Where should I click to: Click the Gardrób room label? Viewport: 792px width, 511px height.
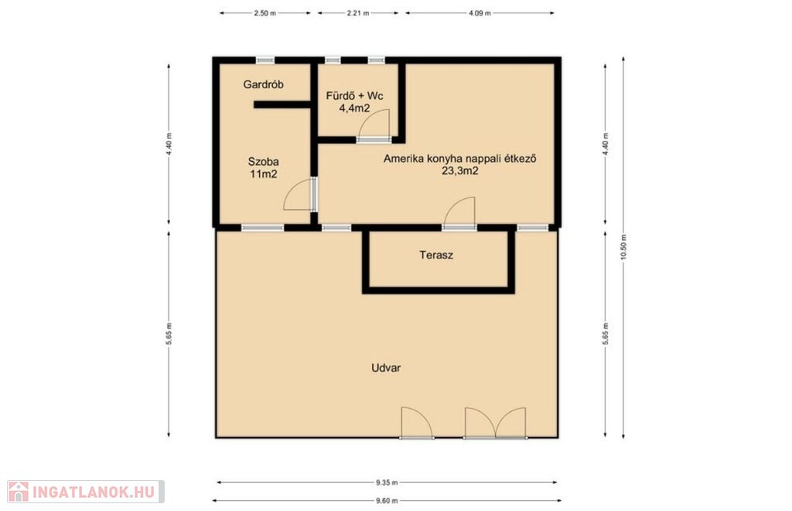[263, 84]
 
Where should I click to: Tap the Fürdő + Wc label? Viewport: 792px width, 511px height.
[354, 95]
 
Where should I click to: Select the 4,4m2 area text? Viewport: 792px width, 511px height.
[354, 108]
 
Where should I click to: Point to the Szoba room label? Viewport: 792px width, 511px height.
[263, 162]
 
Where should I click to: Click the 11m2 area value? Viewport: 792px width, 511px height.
[263, 174]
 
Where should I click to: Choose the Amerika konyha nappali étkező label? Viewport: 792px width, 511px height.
[459, 159]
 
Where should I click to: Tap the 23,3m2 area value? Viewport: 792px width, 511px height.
[459, 171]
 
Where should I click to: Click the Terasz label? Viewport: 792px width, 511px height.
[436, 255]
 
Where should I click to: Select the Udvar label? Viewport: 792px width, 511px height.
[386, 368]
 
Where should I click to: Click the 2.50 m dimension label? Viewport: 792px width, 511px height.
[265, 14]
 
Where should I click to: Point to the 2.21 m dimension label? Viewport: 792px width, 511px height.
[357, 14]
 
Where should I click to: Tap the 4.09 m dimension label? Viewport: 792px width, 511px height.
[480, 14]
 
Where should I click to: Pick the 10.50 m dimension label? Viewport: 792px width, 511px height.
[623, 248]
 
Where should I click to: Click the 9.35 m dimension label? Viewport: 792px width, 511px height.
[387, 482]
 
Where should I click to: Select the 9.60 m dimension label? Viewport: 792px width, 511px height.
[387, 501]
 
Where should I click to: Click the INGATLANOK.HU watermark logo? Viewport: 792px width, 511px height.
[85, 492]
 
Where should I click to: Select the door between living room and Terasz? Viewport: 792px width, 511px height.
[459, 211]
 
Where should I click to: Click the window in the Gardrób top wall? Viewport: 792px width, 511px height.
[265, 60]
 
